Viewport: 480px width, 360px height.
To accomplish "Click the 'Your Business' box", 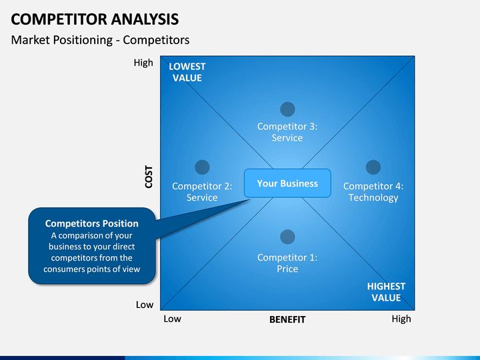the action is pyautogui.click(x=287, y=183).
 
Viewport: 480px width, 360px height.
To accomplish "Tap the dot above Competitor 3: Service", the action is pyautogui.click(x=287, y=109).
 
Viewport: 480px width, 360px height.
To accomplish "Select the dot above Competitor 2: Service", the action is pyautogui.click(x=202, y=167).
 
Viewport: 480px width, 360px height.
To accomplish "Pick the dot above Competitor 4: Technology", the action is pyautogui.click(x=373, y=167).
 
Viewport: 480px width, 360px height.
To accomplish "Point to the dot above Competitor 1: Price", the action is pyautogui.click(x=287, y=237).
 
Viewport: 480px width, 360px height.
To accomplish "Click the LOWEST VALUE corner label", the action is pyautogui.click(x=187, y=72).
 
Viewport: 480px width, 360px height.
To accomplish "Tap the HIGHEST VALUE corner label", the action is pyautogui.click(x=386, y=292).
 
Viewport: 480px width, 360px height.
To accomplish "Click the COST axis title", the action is pyautogui.click(x=149, y=177).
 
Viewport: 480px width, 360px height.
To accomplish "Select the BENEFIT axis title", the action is pyautogui.click(x=287, y=319).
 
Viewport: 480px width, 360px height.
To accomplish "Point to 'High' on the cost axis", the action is pyautogui.click(x=143, y=63).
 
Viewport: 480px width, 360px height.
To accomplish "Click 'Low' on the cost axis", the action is pyautogui.click(x=145, y=305).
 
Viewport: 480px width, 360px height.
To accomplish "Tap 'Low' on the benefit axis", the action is pyautogui.click(x=173, y=319).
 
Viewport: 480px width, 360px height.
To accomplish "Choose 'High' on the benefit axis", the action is pyautogui.click(x=401, y=319).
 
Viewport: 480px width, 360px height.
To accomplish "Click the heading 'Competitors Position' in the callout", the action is pyautogui.click(x=92, y=223).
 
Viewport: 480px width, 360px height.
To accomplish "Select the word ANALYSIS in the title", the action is pyautogui.click(x=145, y=19).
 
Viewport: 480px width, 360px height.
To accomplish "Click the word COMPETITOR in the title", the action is pyautogui.click(x=59, y=19).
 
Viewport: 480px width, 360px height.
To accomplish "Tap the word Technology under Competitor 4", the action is pyautogui.click(x=373, y=198).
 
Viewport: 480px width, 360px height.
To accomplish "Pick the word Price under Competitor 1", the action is pyautogui.click(x=287, y=269).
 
